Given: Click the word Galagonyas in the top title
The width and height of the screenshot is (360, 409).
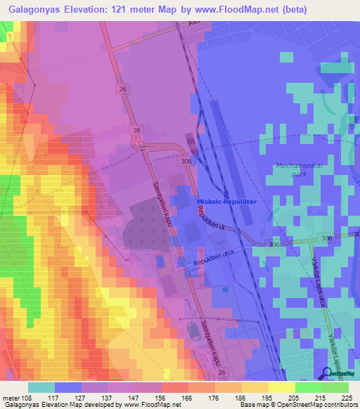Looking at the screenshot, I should click(34, 10).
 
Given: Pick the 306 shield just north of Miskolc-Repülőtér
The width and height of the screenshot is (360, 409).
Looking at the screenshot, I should click(186, 161).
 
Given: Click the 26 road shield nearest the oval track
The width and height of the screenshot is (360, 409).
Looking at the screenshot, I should click(222, 371).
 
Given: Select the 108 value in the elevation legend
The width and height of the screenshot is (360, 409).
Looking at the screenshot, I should click(28, 397).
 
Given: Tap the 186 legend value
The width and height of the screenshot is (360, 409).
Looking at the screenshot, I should click(241, 397).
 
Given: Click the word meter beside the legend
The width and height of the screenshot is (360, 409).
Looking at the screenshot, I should click(12, 397).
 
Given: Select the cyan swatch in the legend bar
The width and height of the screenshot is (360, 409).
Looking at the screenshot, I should click(41, 387).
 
